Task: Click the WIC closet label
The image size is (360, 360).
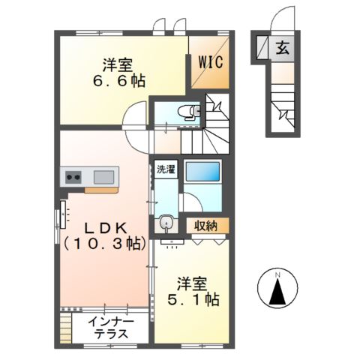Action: pos(211,63)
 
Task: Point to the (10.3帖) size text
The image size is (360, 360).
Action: pos(103,243)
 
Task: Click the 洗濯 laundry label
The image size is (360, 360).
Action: pos(165,169)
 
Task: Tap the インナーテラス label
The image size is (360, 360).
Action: pos(111,328)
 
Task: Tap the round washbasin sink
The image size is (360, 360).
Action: pos(166,223)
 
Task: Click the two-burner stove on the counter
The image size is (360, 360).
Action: pos(74,178)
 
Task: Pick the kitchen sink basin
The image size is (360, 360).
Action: pos(103,178)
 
